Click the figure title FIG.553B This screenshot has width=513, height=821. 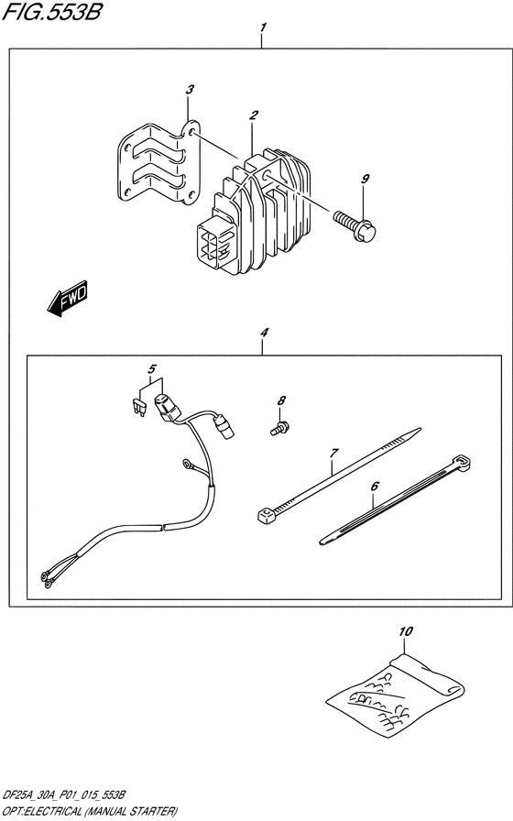[52, 12]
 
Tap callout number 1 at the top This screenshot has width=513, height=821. [263, 27]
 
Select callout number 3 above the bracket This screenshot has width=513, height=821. [190, 90]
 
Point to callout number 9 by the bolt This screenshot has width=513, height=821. [365, 179]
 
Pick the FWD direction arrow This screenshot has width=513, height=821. [67, 299]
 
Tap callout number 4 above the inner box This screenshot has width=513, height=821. [264, 333]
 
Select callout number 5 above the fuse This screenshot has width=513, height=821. [152, 368]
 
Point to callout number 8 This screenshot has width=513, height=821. [281, 400]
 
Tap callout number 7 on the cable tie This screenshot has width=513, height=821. [333, 453]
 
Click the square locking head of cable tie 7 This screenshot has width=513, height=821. [266, 515]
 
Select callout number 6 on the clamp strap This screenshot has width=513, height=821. [375, 487]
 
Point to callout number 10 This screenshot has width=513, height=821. [406, 631]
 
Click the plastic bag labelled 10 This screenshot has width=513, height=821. [395, 694]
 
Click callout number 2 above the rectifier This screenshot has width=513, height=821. [254, 115]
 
